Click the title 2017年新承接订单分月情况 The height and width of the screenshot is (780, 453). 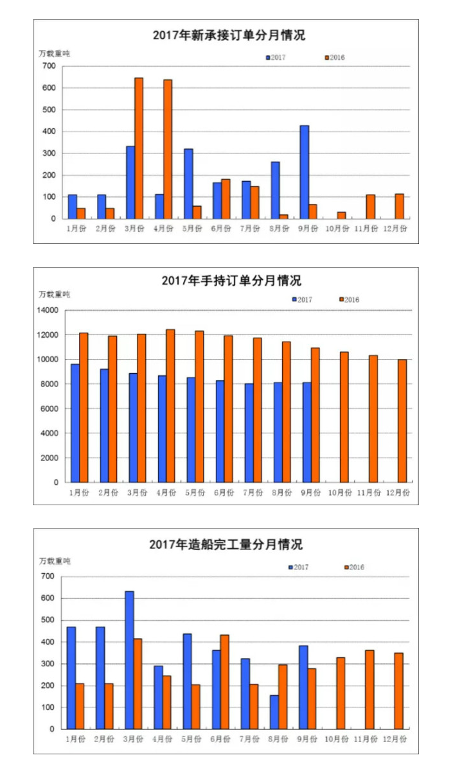229,35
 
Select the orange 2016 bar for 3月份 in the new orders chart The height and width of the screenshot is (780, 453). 139,148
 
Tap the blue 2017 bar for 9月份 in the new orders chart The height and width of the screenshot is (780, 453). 304,172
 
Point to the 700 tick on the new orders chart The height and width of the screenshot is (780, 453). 49,66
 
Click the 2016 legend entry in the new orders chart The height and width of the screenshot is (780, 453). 335,58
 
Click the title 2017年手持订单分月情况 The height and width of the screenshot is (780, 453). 231,281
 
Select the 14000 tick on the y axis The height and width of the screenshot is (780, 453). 47,311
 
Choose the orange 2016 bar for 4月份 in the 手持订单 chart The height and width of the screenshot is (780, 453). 170,406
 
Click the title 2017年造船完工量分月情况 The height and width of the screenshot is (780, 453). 226,544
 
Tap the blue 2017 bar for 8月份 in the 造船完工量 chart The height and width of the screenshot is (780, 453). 274,712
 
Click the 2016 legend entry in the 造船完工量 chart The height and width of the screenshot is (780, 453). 354,568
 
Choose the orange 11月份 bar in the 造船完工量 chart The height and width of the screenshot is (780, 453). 369,689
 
